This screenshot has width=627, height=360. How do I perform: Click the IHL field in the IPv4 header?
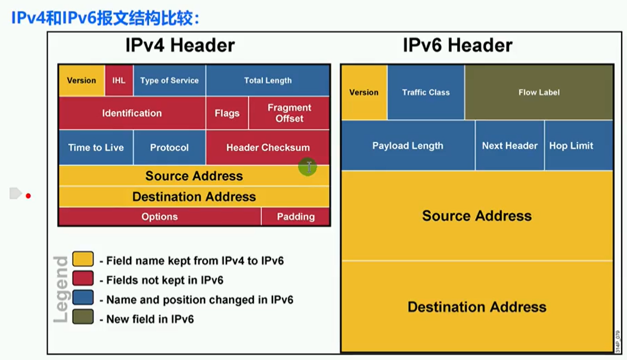119,80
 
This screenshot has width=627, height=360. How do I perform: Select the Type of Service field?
169,80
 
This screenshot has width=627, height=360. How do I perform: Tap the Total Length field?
268,80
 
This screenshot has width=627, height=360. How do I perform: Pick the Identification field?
132,113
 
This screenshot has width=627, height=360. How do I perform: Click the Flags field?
227,113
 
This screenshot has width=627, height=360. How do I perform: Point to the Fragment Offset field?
290,113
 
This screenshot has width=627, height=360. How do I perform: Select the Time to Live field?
96,147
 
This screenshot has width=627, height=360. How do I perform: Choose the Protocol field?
169,147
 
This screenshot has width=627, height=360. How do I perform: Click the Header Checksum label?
268,148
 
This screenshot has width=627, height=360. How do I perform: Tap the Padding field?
296,216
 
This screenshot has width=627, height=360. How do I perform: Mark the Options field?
160,216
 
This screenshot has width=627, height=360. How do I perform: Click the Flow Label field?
539,92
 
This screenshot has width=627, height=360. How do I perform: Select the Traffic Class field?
426,92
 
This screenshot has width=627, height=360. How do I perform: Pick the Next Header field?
510,145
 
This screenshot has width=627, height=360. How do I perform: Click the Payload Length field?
408,145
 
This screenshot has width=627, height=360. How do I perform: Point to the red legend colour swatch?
83,278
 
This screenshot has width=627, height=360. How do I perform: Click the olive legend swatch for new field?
83,317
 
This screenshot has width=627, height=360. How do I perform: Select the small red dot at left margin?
29,196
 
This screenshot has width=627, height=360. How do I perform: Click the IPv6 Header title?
458,45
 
